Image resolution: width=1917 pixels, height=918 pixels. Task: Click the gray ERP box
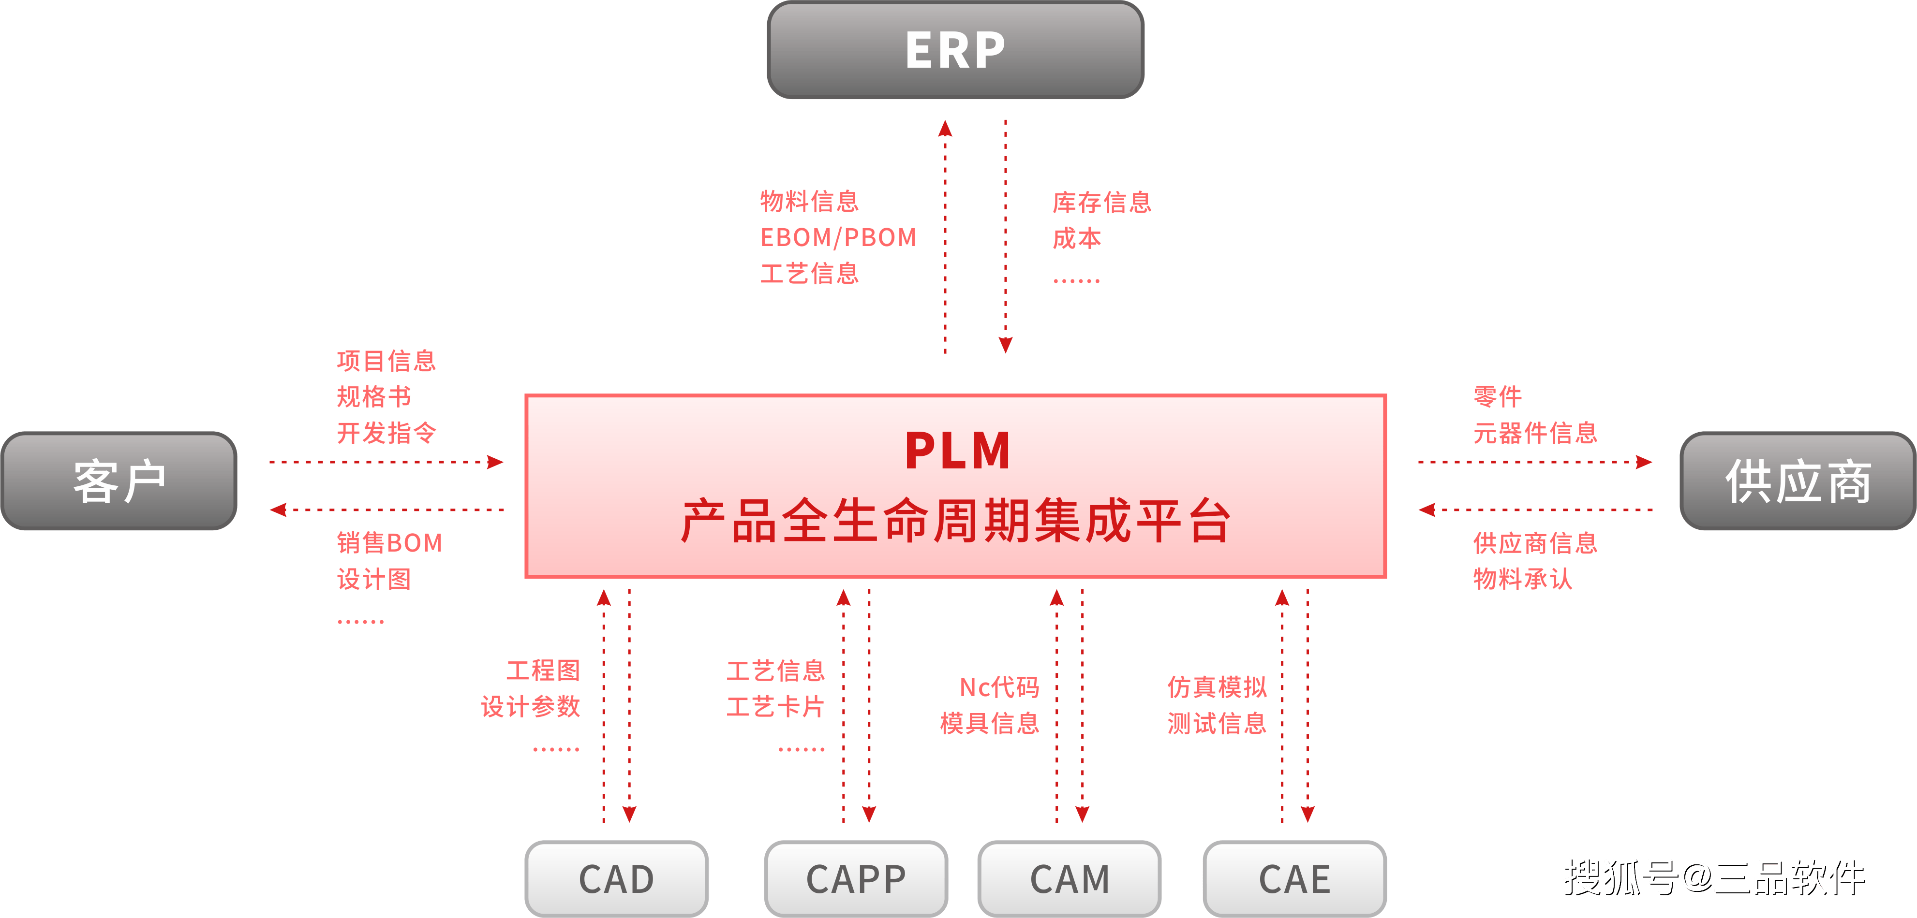pyautogui.click(x=955, y=50)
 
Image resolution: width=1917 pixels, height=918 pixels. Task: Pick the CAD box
pyautogui.click(x=616, y=878)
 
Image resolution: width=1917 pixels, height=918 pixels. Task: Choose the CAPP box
pyautogui.click(x=856, y=878)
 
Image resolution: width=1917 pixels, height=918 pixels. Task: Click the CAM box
pyautogui.click(x=1070, y=878)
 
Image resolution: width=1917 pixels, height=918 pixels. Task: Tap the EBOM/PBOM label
pyautogui.click(x=838, y=237)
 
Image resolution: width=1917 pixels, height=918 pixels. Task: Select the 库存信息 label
pyautogui.click(x=1102, y=203)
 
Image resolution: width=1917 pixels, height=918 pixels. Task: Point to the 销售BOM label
pyautogui.click(x=389, y=543)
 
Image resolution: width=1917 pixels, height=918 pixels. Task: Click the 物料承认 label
pyautogui.click(x=1523, y=579)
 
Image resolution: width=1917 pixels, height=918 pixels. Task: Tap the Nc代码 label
pyautogui.click(x=999, y=687)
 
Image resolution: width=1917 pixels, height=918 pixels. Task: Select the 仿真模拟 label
pyautogui.click(x=1217, y=687)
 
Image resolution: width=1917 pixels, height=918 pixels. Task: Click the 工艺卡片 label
pyautogui.click(x=775, y=707)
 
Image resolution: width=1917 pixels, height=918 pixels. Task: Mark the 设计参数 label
pyautogui.click(x=531, y=707)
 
